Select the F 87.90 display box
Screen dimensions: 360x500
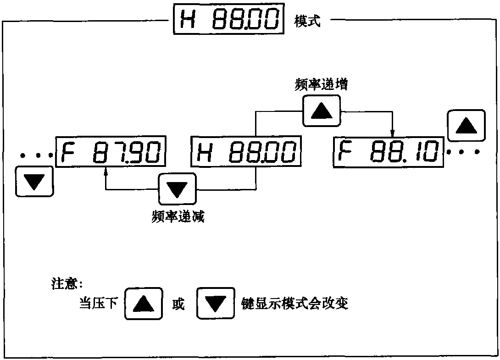click(x=111, y=152)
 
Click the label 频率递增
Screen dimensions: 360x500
click(x=321, y=86)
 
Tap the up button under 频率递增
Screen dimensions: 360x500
click(x=321, y=111)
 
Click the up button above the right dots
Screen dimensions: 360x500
click(x=466, y=125)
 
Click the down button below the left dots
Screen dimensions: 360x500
click(x=34, y=182)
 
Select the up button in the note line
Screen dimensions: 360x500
click(x=144, y=303)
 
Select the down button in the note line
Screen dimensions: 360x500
click(x=215, y=303)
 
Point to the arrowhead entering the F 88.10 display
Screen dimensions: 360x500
click(x=393, y=133)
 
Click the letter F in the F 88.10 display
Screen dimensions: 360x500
click(x=342, y=152)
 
